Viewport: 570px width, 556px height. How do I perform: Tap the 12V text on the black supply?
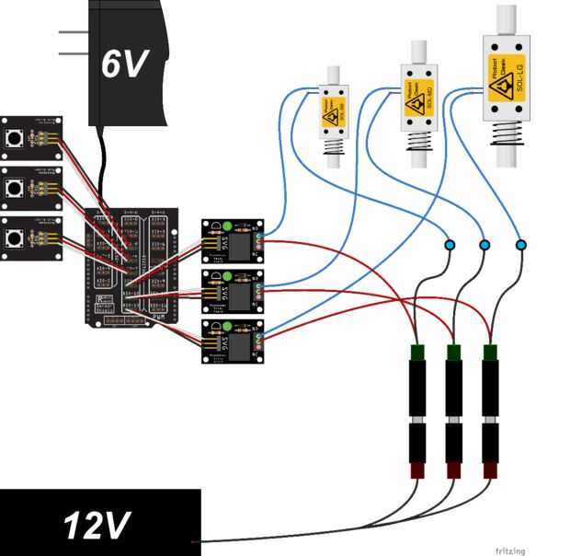click(x=96, y=525)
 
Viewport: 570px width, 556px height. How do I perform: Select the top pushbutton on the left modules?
click(x=16, y=139)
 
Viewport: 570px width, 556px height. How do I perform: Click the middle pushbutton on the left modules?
click(x=16, y=189)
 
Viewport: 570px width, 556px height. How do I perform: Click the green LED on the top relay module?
click(x=228, y=225)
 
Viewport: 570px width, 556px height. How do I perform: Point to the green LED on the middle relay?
click(x=228, y=275)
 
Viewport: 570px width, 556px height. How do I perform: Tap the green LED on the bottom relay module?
click(x=228, y=326)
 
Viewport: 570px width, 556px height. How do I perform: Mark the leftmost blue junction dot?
click(x=450, y=245)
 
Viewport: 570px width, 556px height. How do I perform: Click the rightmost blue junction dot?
click(x=521, y=245)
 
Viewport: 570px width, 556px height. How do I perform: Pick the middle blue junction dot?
click(x=484, y=245)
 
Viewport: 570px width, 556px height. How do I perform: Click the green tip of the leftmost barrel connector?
click(x=416, y=352)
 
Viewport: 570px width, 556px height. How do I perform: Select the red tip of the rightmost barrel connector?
click(x=491, y=470)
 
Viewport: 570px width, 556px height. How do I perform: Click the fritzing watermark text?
click(x=510, y=550)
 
